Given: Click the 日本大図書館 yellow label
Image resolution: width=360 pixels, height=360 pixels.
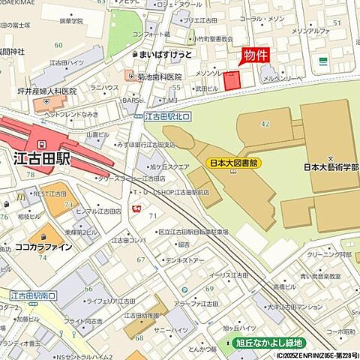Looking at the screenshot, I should point(232,162).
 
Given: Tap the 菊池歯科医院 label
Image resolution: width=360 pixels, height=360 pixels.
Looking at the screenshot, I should point(159,76).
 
